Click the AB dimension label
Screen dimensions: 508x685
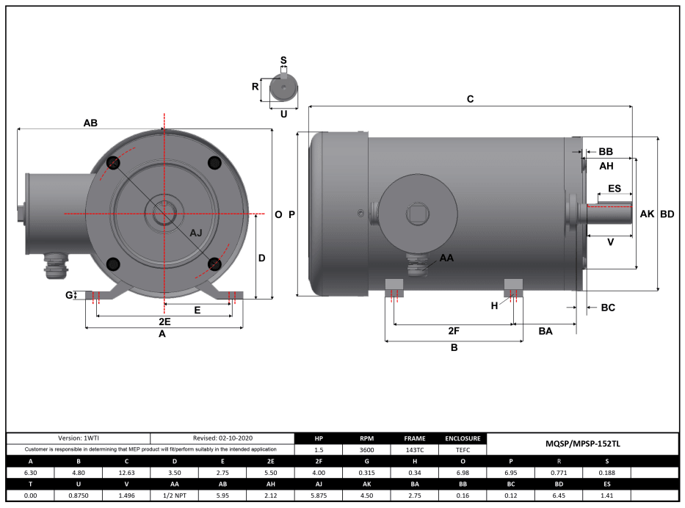pos(90,123)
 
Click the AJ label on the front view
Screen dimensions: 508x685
pos(196,233)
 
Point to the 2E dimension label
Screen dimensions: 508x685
pos(164,322)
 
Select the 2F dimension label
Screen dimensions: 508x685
pos(454,331)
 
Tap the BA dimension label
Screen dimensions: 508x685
pos(545,332)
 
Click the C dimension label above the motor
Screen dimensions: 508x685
pos(471,98)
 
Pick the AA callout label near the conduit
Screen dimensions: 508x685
pos(446,258)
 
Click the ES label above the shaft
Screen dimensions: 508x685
pos(614,189)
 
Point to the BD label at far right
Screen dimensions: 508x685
pos(667,214)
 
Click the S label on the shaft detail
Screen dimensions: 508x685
pos(283,60)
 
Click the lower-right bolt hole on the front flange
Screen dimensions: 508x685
pos(214,264)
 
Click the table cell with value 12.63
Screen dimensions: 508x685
pos(126,473)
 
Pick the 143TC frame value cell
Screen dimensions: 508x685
pos(414,449)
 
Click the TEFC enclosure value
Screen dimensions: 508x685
pos(462,449)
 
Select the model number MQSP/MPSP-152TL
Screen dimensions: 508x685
pos(580,443)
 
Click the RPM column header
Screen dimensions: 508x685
pos(366,438)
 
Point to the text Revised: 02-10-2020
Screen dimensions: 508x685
pos(222,438)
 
